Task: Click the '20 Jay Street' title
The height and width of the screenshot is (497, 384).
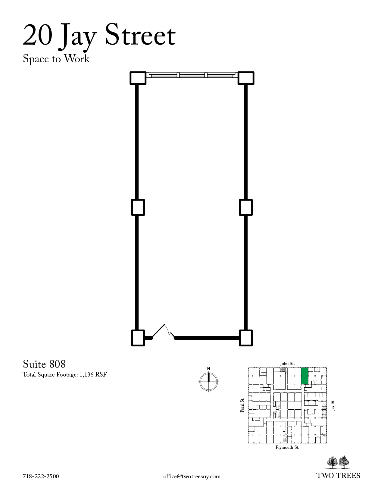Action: point(99,36)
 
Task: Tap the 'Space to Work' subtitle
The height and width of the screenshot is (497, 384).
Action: point(56,59)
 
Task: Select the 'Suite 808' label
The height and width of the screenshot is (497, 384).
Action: point(44,364)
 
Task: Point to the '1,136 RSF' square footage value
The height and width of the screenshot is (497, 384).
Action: point(93,375)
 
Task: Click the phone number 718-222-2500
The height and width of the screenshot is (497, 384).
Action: point(41,477)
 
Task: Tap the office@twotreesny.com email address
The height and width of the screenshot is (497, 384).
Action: point(192,477)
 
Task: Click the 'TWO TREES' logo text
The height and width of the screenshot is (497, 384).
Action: point(338,476)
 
